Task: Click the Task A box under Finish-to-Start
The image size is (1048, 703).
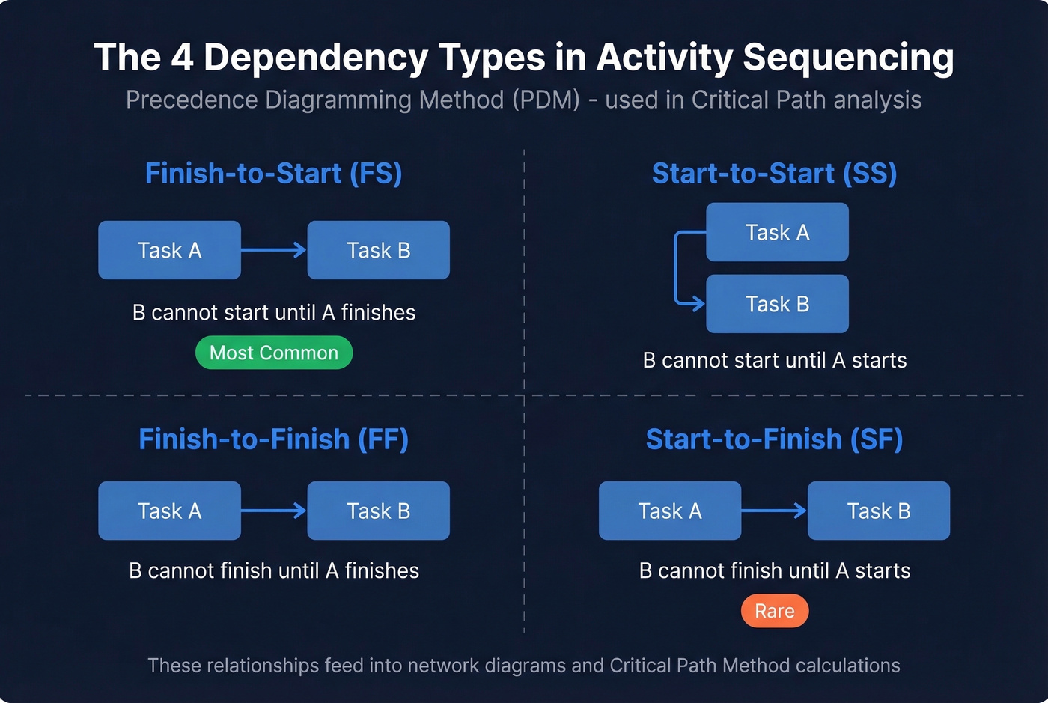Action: coord(169,250)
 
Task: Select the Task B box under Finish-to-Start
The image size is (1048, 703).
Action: coord(378,250)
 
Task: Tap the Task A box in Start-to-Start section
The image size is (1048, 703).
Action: coord(777,232)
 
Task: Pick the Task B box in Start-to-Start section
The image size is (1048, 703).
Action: coord(777,304)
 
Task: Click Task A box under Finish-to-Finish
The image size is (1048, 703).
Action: coord(169,511)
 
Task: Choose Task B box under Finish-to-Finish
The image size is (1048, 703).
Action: coord(378,511)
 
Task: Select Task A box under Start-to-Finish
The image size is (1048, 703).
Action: coord(669,511)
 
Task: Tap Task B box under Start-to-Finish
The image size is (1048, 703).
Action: coord(878,511)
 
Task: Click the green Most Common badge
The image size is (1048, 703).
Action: coord(274,353)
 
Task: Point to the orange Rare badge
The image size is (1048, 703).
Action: coord(774,611)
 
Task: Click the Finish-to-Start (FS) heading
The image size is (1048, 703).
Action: coord(273,174)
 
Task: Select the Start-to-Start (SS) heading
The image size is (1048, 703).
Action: coord(774,174)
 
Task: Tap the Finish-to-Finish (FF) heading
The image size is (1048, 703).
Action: coord(273,439)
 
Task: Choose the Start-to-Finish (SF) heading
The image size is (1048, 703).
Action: coord(774,439)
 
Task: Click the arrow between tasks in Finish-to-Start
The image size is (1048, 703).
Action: coord(274,250)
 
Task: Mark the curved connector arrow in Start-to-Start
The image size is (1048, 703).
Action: coord(677,270)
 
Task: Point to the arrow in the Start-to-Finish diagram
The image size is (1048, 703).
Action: coord(774,511)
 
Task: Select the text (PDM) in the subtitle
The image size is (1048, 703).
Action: coord(546,100)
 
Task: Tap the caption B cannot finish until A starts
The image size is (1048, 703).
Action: coord(774,571)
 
